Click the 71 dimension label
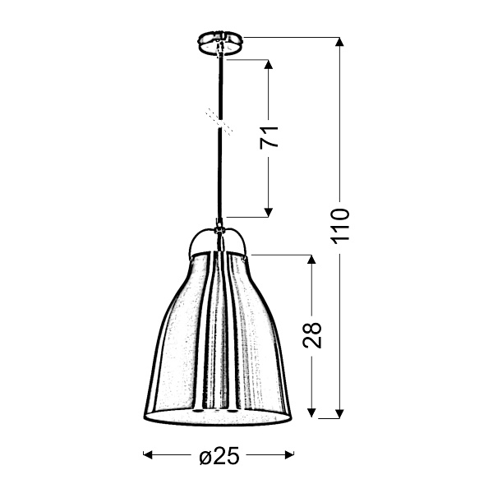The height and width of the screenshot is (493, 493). click(x=270, y=136)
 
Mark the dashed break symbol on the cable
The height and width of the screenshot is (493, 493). click(x=219, y=121)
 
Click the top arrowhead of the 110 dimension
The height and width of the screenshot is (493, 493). click(x=340, y=42)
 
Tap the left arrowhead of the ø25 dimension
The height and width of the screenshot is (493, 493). click(x=149, y=454)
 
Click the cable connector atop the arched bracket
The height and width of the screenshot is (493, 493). click(x=219, y=223)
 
